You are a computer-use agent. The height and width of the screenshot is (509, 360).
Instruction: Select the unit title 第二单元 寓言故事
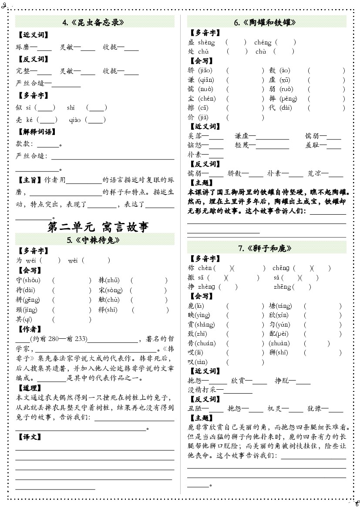[x=98, y=226]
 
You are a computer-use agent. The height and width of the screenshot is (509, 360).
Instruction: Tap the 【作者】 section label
[x=29, y=329]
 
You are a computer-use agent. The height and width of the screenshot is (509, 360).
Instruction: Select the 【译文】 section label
[x=29, y=436]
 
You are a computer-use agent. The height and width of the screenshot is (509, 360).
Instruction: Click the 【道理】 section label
[x=29, y=388]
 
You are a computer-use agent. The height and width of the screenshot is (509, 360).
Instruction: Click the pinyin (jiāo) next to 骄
[x=205, y=71]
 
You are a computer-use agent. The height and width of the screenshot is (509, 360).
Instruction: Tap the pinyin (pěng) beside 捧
[x=288, y=99]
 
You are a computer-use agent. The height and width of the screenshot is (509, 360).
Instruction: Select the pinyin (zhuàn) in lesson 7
[x=280, y=343]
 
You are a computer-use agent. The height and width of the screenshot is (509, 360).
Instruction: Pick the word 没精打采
[x=202, y=390]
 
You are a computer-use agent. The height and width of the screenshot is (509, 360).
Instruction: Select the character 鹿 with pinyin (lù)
[x=191, y=306]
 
